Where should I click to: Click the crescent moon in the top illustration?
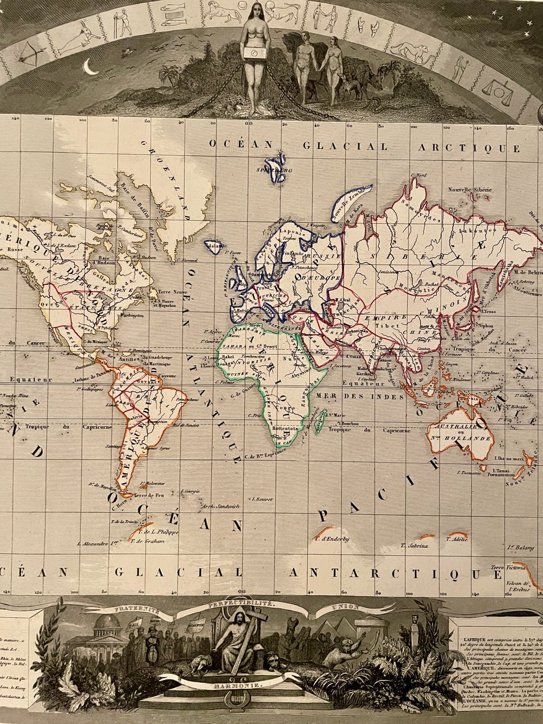[91, 68]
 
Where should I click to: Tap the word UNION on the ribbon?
[345, 606]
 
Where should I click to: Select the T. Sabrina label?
[414, 545]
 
